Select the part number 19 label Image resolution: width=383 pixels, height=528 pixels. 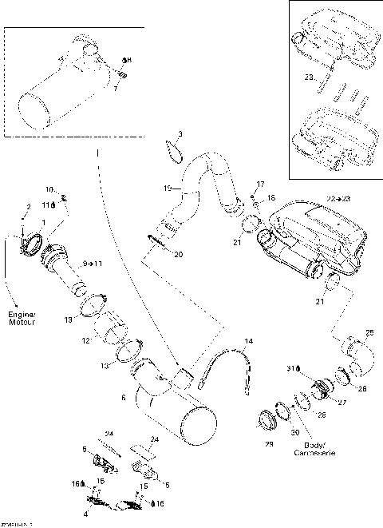pos(168,189)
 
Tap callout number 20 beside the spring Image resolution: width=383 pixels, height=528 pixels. pos(178,254)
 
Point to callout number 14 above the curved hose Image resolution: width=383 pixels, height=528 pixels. pos(248,341)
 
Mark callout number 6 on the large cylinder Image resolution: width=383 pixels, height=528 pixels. pos(122,397)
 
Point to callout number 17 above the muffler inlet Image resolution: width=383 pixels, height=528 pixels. pos(259,184)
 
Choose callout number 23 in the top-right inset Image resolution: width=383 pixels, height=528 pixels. pos(308,77)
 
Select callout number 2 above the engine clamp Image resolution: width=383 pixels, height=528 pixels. pos(29,207)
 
